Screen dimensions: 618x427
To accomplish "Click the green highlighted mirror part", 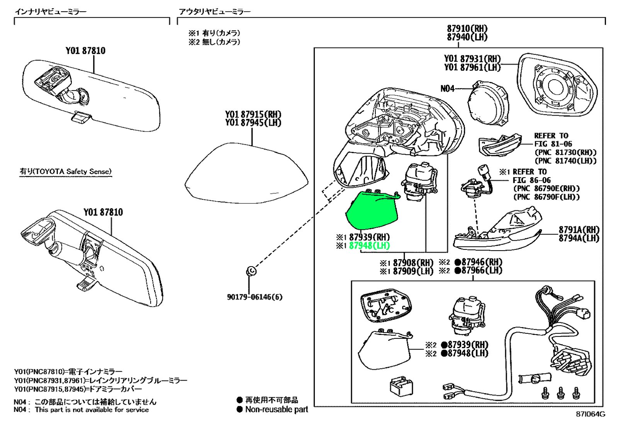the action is (x=371, y=211).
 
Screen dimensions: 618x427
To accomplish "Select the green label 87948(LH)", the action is (x=369, y=246).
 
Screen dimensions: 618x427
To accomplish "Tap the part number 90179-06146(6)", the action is (x=255, y=297).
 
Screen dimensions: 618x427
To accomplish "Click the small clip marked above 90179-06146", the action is (x=251, y=271).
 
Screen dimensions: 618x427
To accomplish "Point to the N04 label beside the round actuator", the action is (x=447, y=89).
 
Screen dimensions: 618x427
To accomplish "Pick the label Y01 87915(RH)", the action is (x=253, y=114).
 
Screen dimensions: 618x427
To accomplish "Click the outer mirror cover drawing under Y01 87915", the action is (x=246, y=173).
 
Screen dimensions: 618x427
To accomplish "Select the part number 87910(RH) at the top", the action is (x=467, y=29).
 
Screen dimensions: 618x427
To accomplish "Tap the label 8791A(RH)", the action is (x=579, y=229).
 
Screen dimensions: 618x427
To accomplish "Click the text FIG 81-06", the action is (x=553, y=144).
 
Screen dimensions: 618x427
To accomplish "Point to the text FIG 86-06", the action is (x=531, y=180).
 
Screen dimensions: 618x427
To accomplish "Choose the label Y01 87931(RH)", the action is (x=472, y=58).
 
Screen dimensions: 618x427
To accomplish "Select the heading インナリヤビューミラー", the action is (x=51, y=11).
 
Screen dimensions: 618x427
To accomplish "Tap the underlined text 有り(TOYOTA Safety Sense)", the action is (x=65, y=171).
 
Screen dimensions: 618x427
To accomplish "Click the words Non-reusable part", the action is (x=277, y=409).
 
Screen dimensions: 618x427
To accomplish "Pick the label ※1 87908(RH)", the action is (x=406, y=263).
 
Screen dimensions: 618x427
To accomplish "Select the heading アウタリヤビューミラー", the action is (x=215, y=12).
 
